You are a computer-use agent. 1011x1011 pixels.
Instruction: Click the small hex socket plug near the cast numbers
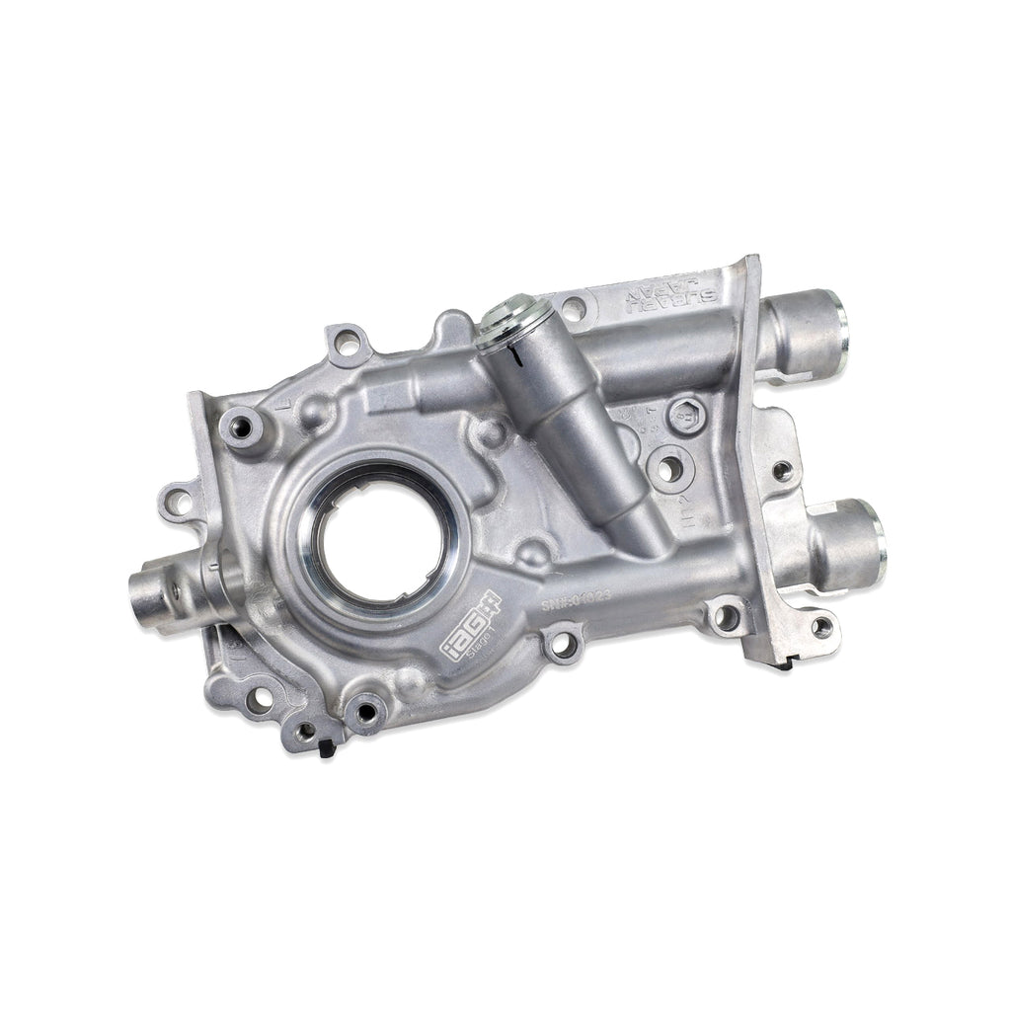tap(684, 415)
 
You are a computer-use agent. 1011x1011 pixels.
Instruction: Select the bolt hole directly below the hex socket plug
tap(669, 470)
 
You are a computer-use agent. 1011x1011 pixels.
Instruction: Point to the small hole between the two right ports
tap(781, 471)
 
